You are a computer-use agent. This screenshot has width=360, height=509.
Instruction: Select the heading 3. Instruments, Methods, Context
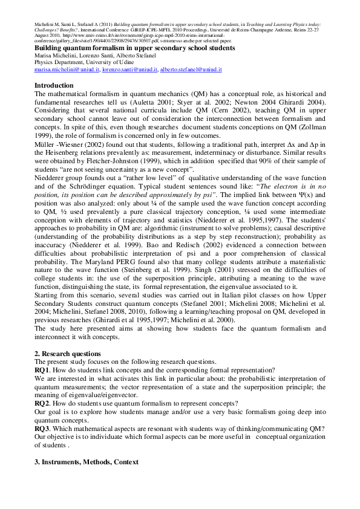(x=87, y=462)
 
